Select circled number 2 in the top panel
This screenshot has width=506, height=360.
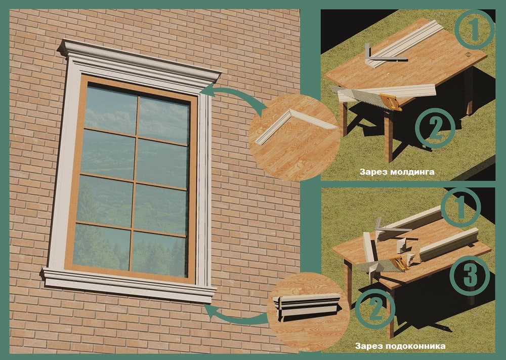tap(435, 129)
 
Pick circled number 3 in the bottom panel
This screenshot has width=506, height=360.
tap(470, 275)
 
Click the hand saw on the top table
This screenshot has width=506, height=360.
tap(366, 98)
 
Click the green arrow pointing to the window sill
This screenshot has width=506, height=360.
tap(236, 318)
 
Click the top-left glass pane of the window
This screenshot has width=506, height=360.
tap(111, 110)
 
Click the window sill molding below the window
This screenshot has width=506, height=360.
tap(129, 285)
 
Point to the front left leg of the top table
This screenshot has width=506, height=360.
tap(345, 119)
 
